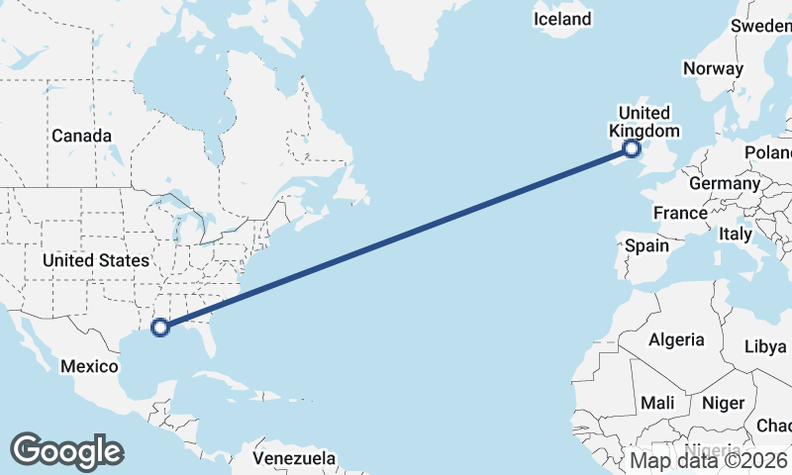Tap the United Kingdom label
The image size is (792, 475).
(643, 122)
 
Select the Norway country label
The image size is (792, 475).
(713, 68)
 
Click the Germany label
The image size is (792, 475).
(724, 183)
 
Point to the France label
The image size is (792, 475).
(680, 213)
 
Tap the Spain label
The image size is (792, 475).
(646, 245)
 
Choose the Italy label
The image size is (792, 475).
(736, 234)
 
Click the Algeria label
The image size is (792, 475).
(676, 339)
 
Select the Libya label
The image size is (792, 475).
(764, 346)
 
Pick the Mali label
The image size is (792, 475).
(657, 403)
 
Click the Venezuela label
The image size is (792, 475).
(294, 459)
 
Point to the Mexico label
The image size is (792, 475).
(89, 366)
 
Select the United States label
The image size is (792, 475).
(96, 260)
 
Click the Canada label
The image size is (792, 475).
(81, 136)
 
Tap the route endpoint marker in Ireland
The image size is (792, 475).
(632, 149)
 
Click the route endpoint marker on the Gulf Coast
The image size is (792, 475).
(160, 328)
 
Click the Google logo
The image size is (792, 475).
(66, 450)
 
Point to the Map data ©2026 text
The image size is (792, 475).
(709, 460)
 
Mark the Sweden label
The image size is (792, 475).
(762, 26)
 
